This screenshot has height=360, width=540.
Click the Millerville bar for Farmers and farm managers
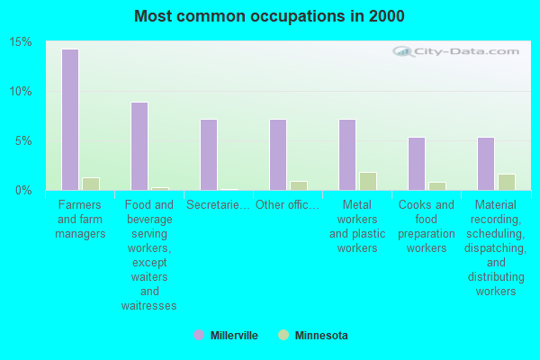(x=69, y=120)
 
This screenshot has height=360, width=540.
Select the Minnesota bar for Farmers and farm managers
(x=90, y=184)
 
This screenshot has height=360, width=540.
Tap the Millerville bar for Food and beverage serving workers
(x=139, y=146)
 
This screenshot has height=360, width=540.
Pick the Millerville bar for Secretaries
(x=208, y=155)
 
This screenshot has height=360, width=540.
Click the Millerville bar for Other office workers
(x=277, y=155)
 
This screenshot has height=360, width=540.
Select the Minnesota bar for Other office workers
(x=298, y=185)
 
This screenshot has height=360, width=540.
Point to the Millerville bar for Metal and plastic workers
(x=346, y=155)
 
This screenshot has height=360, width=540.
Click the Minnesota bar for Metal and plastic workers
(x=367, y=181)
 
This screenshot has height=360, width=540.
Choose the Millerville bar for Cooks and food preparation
(x=416, y=164)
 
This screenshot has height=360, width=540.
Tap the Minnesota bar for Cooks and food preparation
(x=436, y=186)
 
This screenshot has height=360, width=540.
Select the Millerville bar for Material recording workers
(x=485, y=164)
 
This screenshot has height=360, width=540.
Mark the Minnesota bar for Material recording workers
(x=506, y=182)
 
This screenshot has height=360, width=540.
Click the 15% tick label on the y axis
(x=21, y=42)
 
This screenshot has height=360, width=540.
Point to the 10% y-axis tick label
(x=21, y=92)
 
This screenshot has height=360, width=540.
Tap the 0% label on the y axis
(x=23, y=191)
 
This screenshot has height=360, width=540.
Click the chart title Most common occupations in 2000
(x=269, y=16)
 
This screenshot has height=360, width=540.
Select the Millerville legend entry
(x=226, y=336)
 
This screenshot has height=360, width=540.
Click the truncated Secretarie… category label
(x=218, y=205)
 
